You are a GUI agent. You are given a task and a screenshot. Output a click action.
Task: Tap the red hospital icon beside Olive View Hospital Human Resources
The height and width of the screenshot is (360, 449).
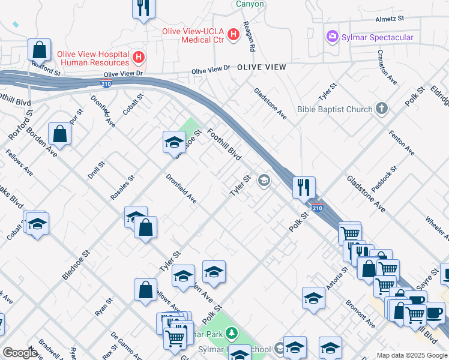139,58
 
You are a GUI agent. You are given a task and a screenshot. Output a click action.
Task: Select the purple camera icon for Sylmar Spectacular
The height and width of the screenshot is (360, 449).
331,37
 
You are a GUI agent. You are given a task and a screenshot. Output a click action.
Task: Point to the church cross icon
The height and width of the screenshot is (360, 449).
381,109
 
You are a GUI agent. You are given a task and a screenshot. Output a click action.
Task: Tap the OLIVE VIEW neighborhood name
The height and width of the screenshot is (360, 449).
261,67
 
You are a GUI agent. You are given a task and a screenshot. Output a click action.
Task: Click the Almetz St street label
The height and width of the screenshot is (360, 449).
390,19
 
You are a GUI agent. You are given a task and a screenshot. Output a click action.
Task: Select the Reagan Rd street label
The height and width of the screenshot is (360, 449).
249,37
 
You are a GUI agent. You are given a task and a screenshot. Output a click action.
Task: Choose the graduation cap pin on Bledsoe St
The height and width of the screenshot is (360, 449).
174,142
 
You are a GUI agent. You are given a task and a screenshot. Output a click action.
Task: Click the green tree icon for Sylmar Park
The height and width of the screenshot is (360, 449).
232,333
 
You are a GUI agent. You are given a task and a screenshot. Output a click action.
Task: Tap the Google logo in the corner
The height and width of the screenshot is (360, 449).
20,353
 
